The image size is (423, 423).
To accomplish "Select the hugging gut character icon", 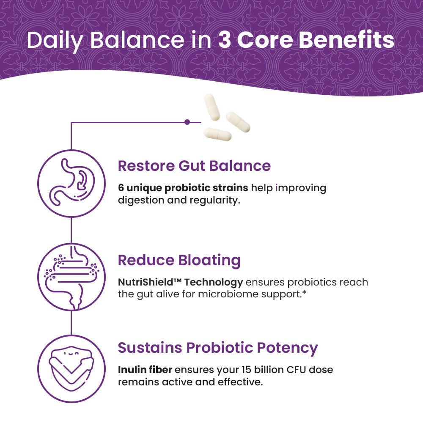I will pyautogui.click(x=71, y=368).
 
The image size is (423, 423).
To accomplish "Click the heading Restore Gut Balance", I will pyautogui.click(x=194, y=165).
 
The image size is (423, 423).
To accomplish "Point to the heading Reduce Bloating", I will pyautogui.click(x=179, y=260).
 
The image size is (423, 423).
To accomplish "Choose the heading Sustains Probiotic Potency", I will pyautogui.click(x=218, y=348).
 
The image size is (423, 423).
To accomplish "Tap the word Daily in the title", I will pyautogui.click(x=55, y=40).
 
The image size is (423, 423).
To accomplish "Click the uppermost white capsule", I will pyautogui.click(x=212, y=107).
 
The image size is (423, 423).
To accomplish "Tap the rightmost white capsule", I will pyautogui.click(x=238, y=122).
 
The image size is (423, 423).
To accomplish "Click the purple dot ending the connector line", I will pyautogui.click(x=187, y=122).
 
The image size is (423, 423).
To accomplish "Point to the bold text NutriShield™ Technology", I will pyautogui.click(x=180, y=282).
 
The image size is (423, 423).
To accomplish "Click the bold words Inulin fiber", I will pyautogui.click(x=145, y=370).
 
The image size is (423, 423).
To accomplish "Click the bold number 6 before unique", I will pyautogui.click(x=121, y=188).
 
